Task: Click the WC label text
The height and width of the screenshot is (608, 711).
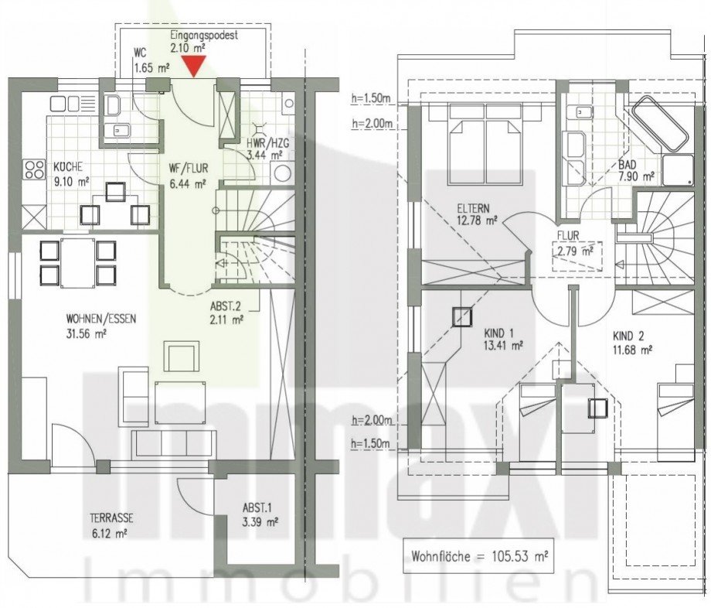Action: (x=140, y=53)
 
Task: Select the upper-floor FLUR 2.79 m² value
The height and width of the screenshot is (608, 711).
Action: (x=577, y=251)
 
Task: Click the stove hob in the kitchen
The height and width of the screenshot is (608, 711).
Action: (x=35, y=169)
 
